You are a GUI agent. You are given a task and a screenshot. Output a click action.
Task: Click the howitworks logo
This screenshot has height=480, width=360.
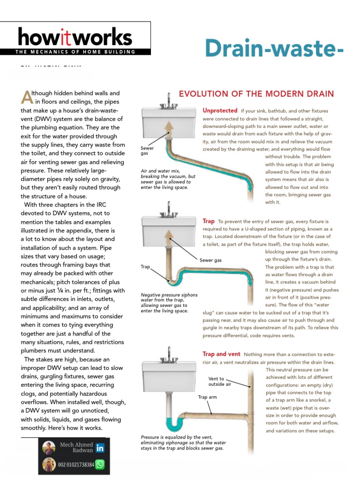(x=75, y=37)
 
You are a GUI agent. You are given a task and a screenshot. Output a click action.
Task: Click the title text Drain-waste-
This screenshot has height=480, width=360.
(x=274, y=48)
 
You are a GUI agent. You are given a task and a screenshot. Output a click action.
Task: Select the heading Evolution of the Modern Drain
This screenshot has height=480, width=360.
(x=256, y=94)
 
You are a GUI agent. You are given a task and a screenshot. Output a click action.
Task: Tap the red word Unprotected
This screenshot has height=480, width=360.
(x=220, y=111)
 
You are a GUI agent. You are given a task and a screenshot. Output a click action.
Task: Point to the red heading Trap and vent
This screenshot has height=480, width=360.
(x=221, y=354)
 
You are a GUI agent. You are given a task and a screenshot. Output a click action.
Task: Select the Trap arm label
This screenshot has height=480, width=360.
(x=208, y=397)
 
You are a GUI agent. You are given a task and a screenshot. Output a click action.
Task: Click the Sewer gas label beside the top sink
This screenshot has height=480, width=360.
(x=147, y=150)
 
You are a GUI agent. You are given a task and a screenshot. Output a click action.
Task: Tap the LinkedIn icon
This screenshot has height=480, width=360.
(x=100, y=448)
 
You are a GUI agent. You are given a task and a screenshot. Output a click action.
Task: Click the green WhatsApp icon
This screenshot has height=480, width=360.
(x=100, y=465)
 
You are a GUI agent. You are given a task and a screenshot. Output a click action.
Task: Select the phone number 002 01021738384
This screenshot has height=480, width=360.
(x=75, y=465)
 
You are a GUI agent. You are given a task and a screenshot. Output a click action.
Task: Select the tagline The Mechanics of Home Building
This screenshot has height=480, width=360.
(x=75, y=52)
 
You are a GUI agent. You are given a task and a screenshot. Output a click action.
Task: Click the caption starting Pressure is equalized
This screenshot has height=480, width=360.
(x=183, y=442)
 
